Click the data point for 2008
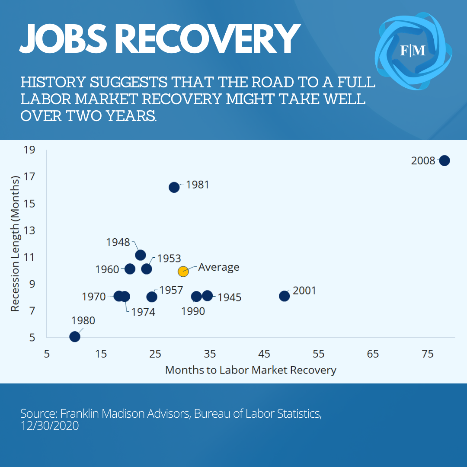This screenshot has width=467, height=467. pyautogui.click(x=444, y=160)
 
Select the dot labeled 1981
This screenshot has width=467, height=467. pyautogui.click(x=174, y=187)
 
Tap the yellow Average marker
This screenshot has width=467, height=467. pyautogui.click(x=183, y=272)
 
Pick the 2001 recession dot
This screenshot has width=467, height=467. pyautogui.click(x=284, y=296)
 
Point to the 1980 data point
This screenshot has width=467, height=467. pyautogui.click(x=74, y=336)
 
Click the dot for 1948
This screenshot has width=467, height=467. pyautogui.click(x=140, y=255)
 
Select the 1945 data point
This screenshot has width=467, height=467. pyautogui.click(x=207, y=296)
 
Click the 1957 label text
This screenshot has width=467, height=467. pyautogui.click(x=171, y=290)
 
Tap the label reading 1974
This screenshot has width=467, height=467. pyautogui.click(x=143, y=311)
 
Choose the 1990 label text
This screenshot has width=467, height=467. pyautogui.click(x=193, y=311)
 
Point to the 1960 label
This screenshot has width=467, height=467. pyautogui.click(x=107, y=269)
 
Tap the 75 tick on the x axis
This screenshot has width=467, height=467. pyautogui.click(x=427, y=354)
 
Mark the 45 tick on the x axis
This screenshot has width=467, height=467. pyautogui.click(x=264, y=354)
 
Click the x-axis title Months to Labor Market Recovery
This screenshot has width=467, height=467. pyautogui.click(x=250, y=370)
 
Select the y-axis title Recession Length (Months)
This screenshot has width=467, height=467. pyautogui.click(x=15, y=243)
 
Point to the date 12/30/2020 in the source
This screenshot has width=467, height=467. pyautogui.click(x=49, y=425)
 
